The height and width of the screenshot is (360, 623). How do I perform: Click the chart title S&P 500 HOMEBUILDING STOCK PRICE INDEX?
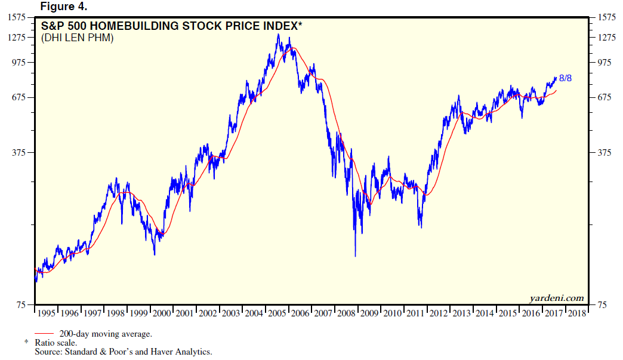tap(172, 26)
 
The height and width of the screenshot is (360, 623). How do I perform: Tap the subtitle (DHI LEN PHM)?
tap(78, 38)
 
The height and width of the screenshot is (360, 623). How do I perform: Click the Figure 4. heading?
tap(63, 7)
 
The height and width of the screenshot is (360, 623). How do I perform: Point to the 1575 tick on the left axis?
tap(19, 17)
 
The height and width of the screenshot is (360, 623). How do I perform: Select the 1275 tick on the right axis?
tap(605, 38)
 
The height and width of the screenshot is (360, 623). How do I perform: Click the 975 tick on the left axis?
tap(21, 62)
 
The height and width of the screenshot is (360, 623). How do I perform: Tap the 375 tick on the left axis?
tap(21, 152)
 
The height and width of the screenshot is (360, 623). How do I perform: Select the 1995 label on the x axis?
tap(47, 313)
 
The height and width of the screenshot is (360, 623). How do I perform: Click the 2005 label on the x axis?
tap(277, 313)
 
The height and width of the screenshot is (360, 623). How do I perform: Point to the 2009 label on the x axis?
tap(369, 313)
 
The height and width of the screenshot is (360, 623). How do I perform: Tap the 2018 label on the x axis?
tap(576, 313)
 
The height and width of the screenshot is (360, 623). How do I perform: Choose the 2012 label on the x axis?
tap(439, 313)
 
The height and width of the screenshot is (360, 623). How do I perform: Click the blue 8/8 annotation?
tap(565, 78)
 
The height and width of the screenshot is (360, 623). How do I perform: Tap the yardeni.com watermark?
tap(556, 297)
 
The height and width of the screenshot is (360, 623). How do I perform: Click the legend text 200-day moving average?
tap(106, 333)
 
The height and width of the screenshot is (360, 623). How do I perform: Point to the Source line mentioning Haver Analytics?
tap(124, 352)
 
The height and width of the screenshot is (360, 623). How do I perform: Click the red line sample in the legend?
tap(45, 333)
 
